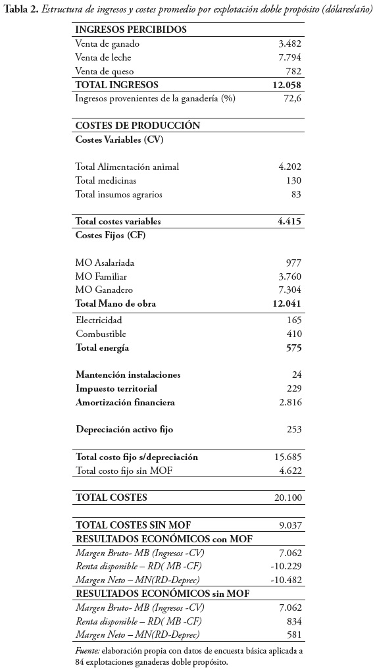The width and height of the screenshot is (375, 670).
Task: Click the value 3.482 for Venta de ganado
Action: coord(289,43)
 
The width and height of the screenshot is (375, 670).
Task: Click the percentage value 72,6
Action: coord(291,98)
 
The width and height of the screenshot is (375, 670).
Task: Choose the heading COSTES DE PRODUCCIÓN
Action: coord(137,125)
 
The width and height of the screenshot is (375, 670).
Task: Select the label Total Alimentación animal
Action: coord(127,167)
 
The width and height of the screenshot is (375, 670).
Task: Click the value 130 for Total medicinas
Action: coord(293,180)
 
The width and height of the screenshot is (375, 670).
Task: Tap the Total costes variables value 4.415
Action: coord(289,222)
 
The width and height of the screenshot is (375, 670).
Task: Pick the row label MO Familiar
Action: coord(101,276)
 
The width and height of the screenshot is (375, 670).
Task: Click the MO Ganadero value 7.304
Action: coord(289,290)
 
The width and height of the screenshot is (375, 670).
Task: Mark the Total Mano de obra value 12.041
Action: coord(287,304)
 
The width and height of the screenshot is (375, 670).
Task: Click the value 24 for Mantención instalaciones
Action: coord(296,374)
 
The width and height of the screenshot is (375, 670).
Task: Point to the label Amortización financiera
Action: coord(125,402)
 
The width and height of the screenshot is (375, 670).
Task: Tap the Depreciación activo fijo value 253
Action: coord(293,429)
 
